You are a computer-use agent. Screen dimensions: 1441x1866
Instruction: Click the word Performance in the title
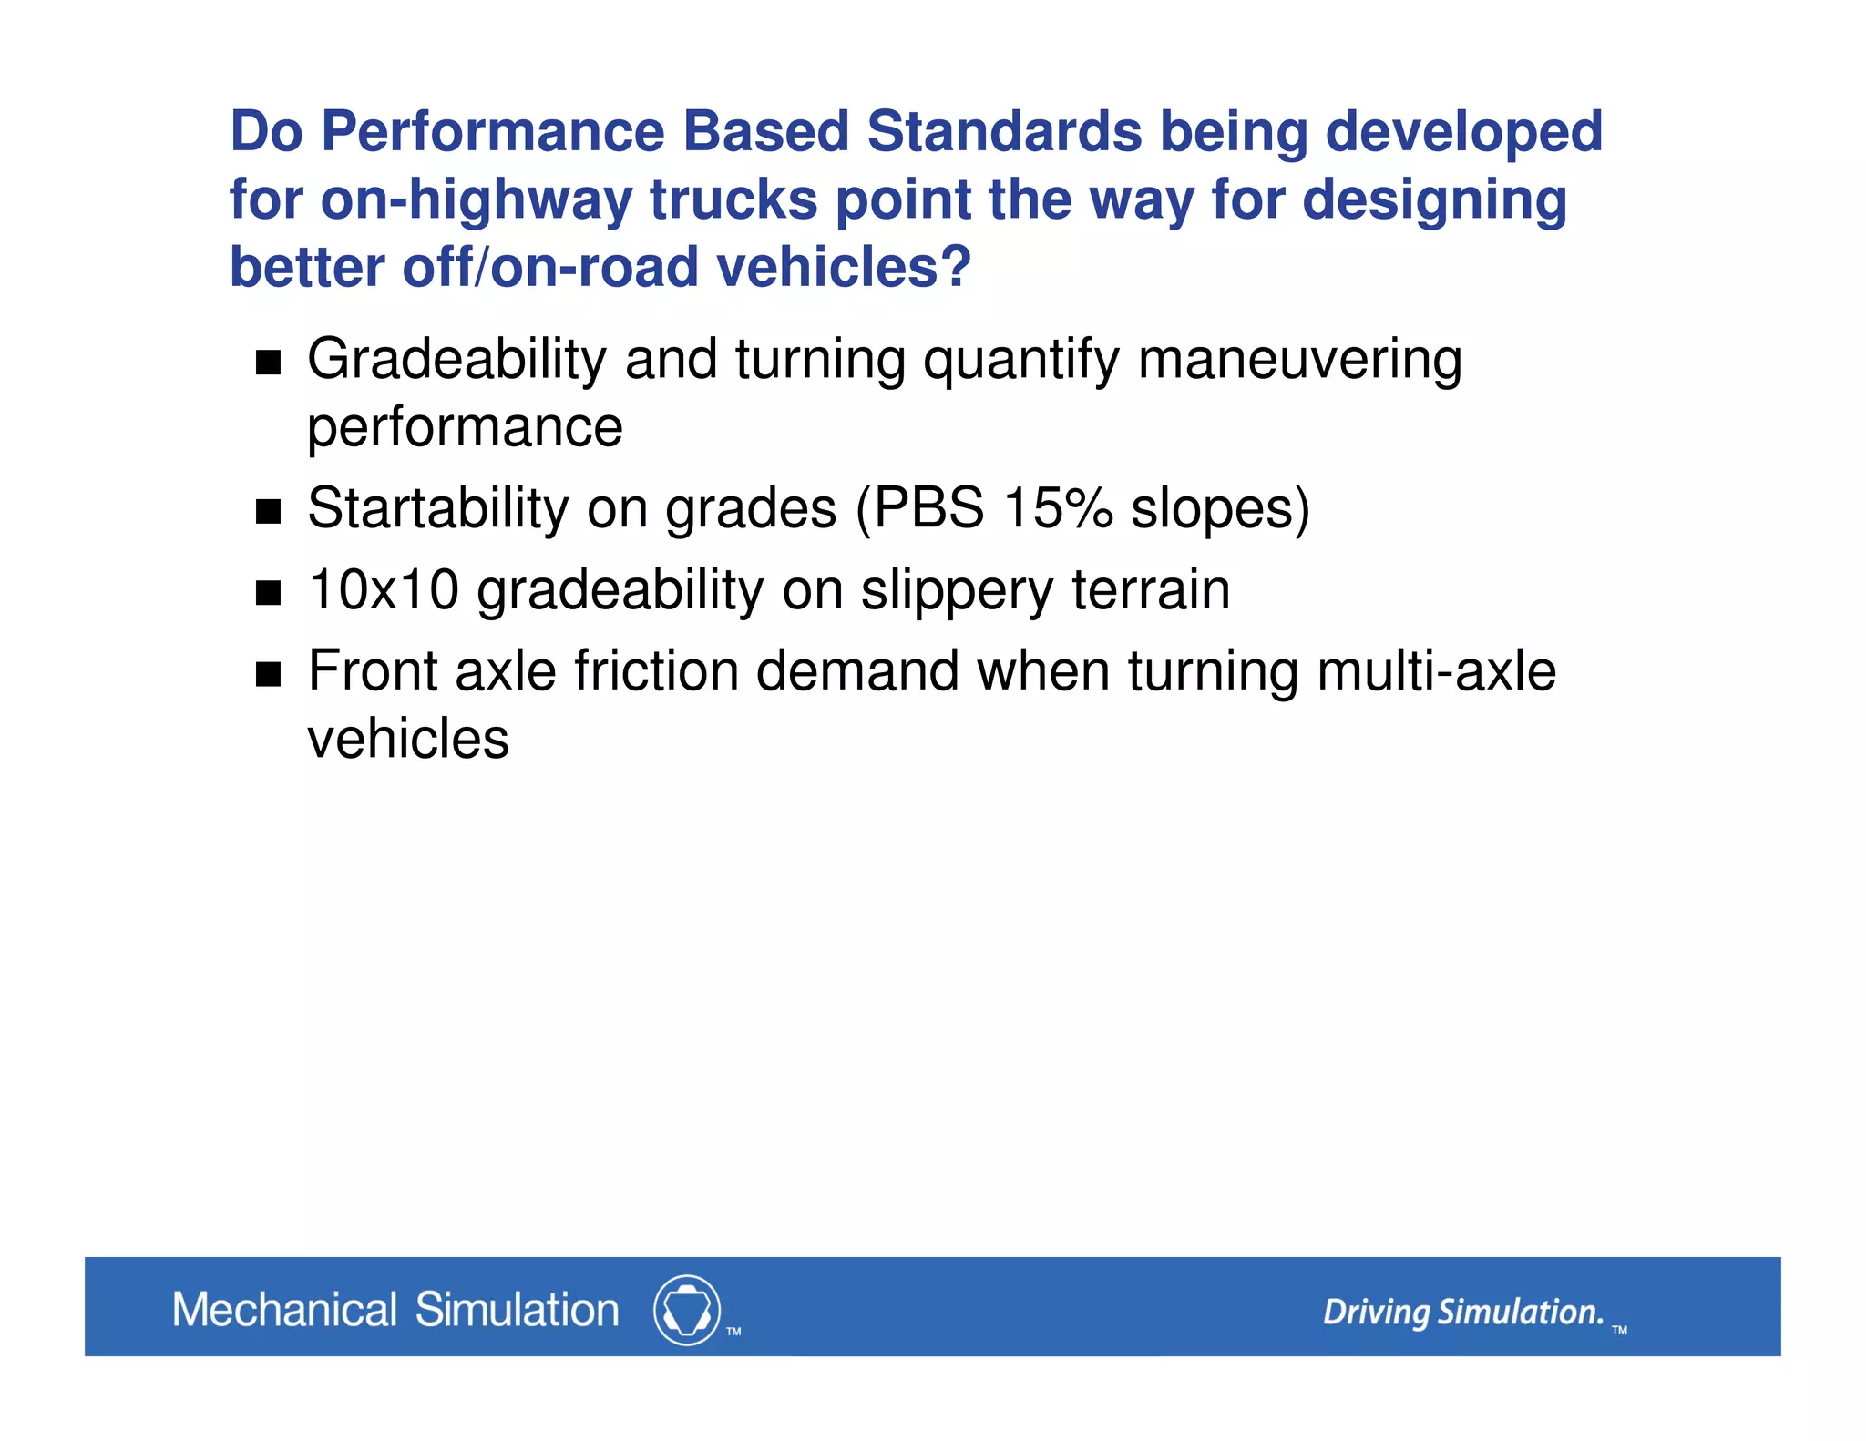493,133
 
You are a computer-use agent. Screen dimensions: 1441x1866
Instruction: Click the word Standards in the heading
1003,133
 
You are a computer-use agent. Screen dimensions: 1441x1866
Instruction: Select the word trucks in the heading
733,200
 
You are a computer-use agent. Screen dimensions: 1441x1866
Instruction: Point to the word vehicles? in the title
844,268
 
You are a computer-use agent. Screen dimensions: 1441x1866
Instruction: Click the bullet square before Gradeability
268,363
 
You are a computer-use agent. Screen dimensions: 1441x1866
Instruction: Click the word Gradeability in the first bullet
456,361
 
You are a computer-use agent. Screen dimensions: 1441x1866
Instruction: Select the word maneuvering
1299,361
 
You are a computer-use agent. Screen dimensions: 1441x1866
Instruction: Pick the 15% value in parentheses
1058,508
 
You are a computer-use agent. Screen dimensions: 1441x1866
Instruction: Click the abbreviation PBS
928,508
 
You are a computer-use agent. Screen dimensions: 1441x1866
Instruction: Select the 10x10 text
383,590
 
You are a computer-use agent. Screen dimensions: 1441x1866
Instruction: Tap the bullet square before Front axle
268,674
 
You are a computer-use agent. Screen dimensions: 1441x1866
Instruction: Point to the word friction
656,672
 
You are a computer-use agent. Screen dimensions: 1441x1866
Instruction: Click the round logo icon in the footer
686,1310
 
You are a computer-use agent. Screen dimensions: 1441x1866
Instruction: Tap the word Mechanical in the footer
284,1310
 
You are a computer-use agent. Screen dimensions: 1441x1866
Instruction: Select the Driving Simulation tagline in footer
1462,1313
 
